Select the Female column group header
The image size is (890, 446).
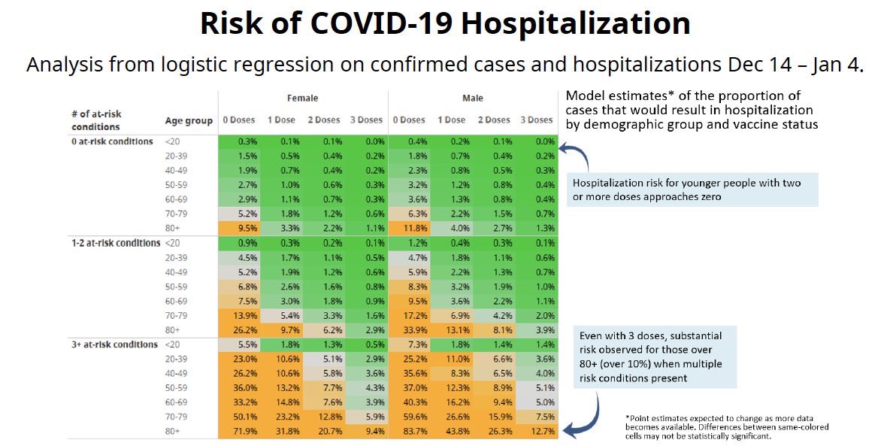coord(302,99)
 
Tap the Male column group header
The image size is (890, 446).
coord(473,99)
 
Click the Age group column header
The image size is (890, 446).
coord(189,120)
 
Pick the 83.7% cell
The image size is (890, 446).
coord(410,431)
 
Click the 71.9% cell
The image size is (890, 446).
coord(239,431)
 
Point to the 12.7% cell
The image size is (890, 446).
coord(537,431)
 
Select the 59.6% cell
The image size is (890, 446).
coord(410,417)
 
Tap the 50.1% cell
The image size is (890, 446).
coord(239,417)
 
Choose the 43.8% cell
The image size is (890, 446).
coord(453,431)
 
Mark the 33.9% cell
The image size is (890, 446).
coord(410,330)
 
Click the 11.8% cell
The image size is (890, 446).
coord(410,229)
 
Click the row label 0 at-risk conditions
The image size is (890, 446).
coord(113,141)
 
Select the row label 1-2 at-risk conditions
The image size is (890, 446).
coord(116,243)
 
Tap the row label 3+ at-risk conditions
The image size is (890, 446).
coord(115,344)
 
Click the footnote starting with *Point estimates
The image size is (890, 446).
coord(727,426)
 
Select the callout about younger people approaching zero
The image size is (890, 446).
coord(692,190)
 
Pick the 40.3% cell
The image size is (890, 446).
coord(410,402)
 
